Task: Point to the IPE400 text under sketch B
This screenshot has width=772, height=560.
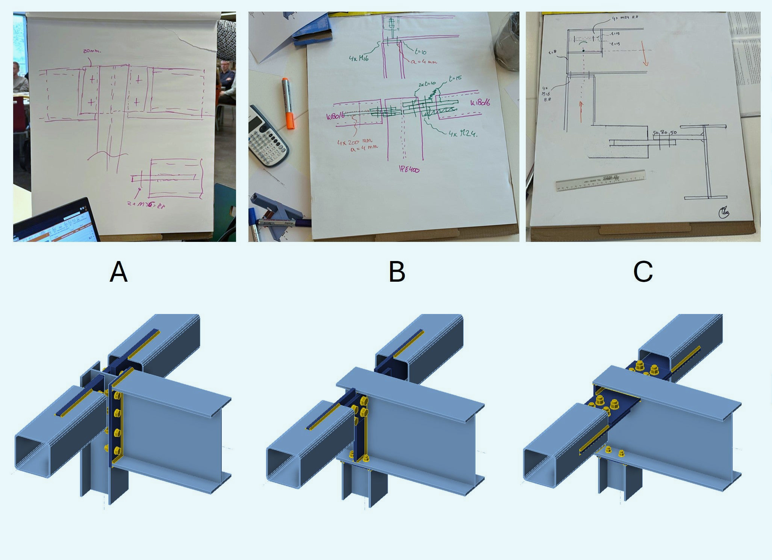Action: coord(409,170)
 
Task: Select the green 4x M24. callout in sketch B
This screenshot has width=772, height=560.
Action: coord(463,133)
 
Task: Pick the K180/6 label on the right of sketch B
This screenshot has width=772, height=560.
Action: coord(480,102)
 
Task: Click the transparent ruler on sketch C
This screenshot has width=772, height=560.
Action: coord(600,181)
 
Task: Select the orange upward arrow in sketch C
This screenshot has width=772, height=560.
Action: coord(581,112)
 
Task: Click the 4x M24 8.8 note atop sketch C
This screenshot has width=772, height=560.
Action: coord(625,18)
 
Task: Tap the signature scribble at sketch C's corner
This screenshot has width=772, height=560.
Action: coord(724,213)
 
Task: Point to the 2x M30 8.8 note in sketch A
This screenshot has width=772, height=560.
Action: coord(146,205)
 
